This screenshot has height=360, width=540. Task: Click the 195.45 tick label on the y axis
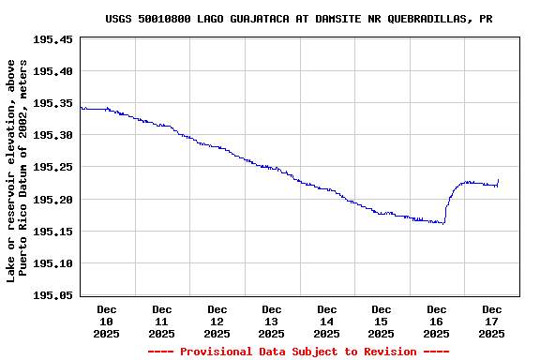52,39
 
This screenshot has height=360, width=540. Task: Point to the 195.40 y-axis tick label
52,71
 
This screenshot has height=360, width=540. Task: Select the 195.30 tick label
52,135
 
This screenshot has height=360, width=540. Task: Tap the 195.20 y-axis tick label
52,199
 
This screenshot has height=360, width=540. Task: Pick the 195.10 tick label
52,262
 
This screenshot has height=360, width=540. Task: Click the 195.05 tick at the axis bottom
52,294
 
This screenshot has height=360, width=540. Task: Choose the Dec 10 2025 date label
107,321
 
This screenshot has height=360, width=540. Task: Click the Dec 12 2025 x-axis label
217,321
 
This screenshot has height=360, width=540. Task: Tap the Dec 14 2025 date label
326,321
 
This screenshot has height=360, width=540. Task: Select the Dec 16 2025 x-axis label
437,321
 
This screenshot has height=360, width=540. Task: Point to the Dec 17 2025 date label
492,321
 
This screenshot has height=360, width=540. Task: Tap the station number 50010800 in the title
163,19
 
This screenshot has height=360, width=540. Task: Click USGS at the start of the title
117,19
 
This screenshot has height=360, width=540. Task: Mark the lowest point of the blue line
442,223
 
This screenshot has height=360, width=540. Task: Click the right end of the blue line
498,180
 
